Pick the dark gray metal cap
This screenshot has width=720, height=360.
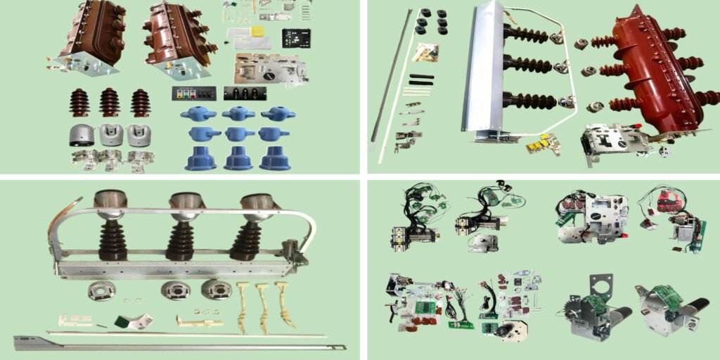82,135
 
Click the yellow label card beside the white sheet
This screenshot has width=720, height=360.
257,32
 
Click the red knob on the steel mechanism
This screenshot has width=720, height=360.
638,127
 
